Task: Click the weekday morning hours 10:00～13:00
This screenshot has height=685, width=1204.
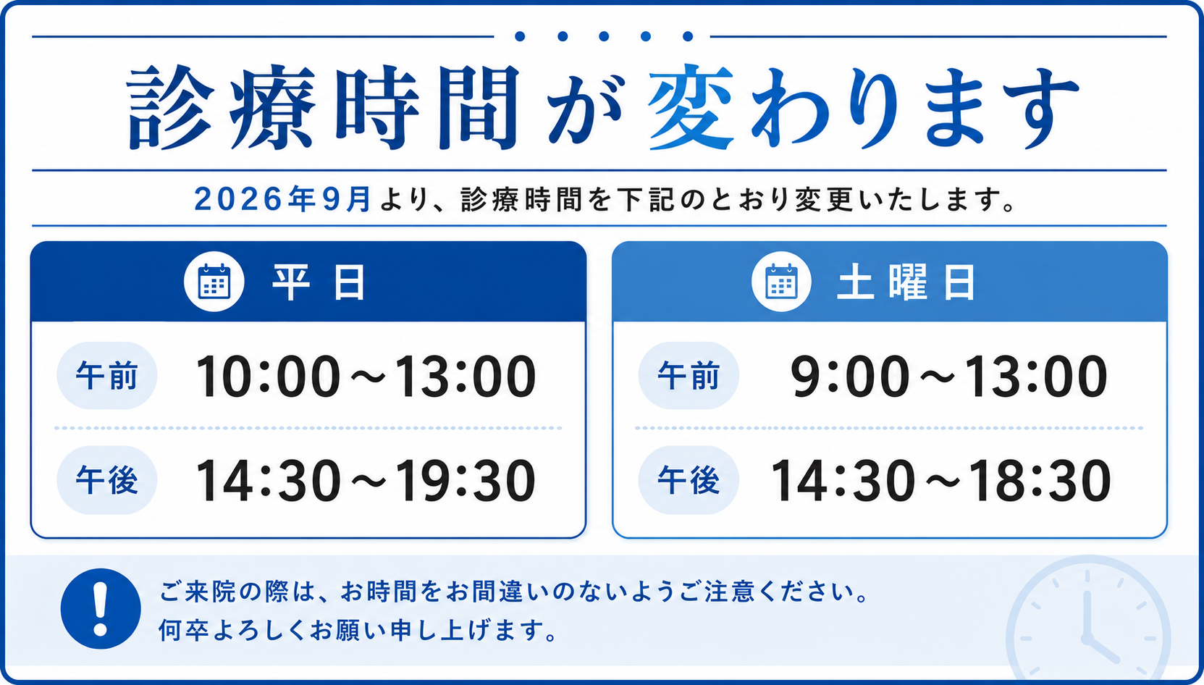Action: [x=366, y=377]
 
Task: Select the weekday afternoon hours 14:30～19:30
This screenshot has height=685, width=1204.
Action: [x=366, y=481]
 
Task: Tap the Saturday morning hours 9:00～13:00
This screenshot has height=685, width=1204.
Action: [x=948, y=377]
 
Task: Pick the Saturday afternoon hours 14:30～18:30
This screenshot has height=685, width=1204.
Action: [x=940, y=481]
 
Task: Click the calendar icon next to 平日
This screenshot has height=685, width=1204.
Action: [x=214, y=281]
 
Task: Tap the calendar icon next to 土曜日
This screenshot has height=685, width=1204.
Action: [x=781, y=281]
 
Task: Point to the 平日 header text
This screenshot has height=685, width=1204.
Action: [x=319, y=282]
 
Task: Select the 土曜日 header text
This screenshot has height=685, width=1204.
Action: [x=906, y=282]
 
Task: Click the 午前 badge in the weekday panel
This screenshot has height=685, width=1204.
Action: [x=107, y=375]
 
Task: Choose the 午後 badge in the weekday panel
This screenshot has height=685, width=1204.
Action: [x=107, y=480]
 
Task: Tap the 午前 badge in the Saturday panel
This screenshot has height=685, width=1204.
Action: [x=689, y=375]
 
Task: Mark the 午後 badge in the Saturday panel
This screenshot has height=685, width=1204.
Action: [x=689, y=480]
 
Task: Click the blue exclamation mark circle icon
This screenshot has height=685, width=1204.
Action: [x=101, y=609]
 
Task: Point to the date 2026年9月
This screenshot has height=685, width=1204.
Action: [x=283, y=199]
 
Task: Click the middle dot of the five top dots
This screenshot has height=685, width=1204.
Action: [x=604, y=36]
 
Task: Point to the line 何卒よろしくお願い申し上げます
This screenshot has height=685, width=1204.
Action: [x=358, y=630]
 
